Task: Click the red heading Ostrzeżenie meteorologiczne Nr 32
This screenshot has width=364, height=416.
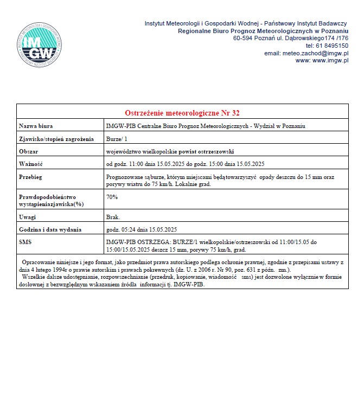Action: pyautogui.click(x=182, y=113)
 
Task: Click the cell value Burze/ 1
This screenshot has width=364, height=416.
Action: pyautogui.click(x=117, y=139)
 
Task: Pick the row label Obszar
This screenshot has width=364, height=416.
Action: pyautogui.click(x=29, y=151)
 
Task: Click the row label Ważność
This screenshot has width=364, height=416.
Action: pyautogui.click(x=31, y=164)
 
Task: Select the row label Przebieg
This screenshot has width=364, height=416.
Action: pyautogui.click(x=31, y=177)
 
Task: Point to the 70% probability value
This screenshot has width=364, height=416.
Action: pyautogui.click(x=112, y=197)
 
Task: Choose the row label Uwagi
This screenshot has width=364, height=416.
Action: pyautogui.click(x=28, y=217)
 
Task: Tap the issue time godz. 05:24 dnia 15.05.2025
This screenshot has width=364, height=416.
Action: pyautogui.click(x=142, y=229)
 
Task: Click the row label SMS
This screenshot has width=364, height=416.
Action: pyautogui.click(x=25, y=242)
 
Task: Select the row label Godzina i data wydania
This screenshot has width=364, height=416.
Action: pyautogui.click(x=50, y=229)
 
